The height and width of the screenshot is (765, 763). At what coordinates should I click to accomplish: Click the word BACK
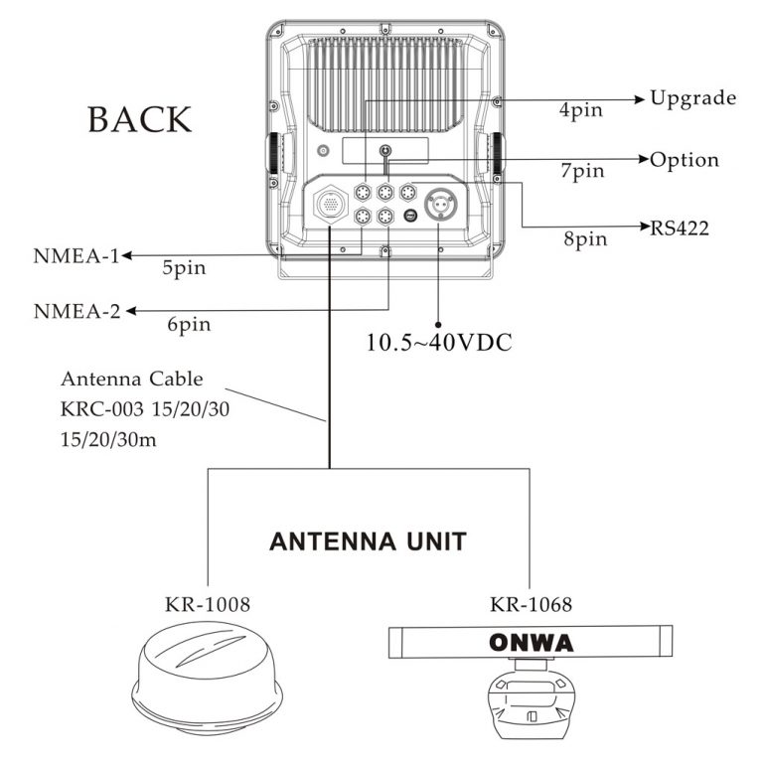[139, 118]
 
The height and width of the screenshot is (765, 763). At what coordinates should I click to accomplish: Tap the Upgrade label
[692, 97]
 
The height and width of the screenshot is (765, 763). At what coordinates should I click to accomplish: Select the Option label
[684, 160]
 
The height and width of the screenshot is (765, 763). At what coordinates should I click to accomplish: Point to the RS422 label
[680, 228]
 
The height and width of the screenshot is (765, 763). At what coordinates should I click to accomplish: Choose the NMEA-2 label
[76, 311]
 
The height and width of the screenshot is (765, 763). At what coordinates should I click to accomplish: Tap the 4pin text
[581, 110]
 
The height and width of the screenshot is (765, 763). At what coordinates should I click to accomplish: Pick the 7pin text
[581, 171]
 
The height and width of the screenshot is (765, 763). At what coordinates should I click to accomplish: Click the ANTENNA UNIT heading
[369, 542]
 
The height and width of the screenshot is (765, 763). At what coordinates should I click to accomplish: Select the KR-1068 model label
[531, 604]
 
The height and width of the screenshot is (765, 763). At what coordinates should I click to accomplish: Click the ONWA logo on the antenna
[532, 643]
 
